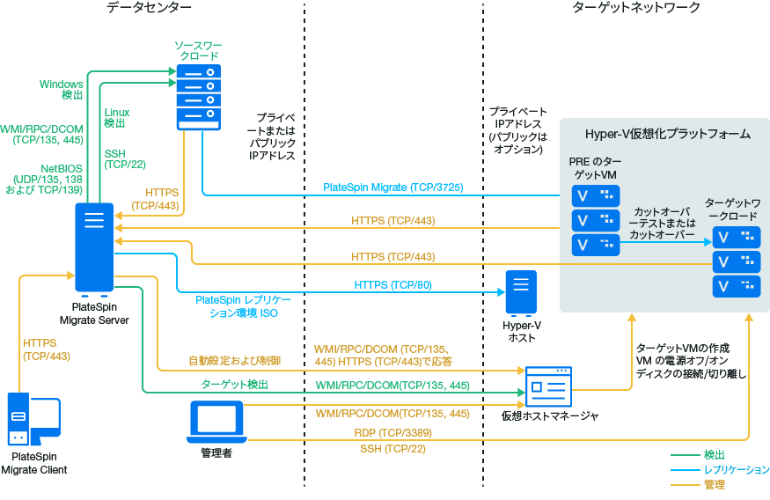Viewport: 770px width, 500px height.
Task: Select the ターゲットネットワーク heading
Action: click(x=624, y=8)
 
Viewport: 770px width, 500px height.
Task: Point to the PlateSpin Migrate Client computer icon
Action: click(x=33, y=420)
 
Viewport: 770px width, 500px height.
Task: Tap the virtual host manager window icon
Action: click(x=550, y=386)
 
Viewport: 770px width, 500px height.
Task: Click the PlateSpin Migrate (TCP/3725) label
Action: click(x=393, y=187)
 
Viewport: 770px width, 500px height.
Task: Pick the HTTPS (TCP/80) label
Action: click(x=393, y=285)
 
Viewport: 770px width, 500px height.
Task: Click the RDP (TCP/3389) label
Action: click(x=393, y=433)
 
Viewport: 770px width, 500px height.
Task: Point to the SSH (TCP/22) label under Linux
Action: click(x=125, y=158)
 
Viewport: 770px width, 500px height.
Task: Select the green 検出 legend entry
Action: click(x=714, y=455)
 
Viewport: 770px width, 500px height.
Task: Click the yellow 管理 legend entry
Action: click(x=714, y=484)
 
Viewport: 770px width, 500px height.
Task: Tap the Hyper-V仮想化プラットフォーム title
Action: click(x=667, y=134)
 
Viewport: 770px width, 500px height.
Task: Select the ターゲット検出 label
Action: click(x=234, y=385)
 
